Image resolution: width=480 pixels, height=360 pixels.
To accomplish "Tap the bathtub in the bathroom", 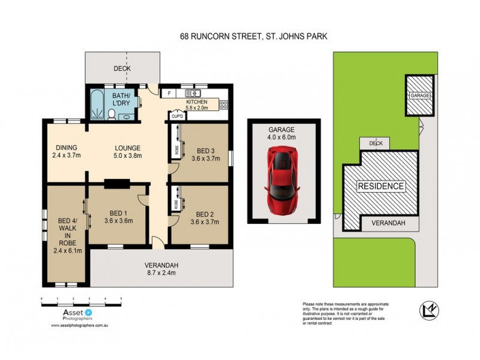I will coord(95,105).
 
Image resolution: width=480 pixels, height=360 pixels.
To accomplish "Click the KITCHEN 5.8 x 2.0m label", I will coord(196,105).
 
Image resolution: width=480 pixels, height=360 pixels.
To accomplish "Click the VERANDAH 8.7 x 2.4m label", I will coord(161,269).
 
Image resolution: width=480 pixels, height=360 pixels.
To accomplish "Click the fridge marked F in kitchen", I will coord(170,94).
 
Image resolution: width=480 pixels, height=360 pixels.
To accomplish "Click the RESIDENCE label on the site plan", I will coord(381,186).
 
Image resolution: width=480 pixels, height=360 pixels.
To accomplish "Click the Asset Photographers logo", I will coord(72,315).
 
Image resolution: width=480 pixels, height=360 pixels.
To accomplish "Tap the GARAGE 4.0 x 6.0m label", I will coord(282,133).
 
